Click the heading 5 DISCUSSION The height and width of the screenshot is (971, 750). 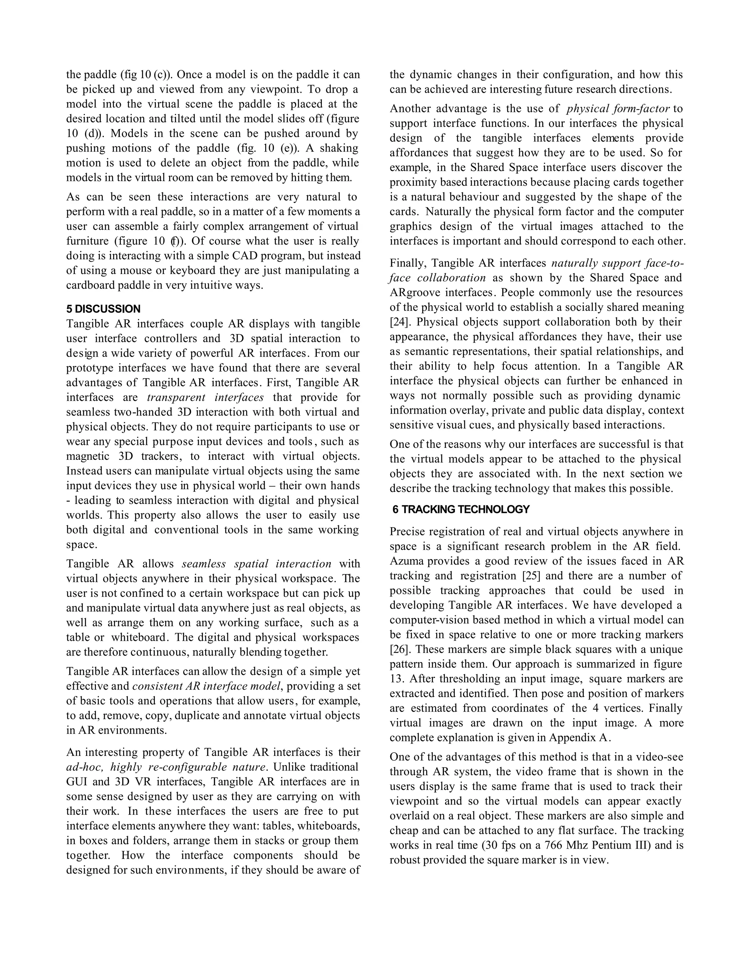(x=103, y=309)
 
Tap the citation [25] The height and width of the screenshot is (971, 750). (x=531, y=576)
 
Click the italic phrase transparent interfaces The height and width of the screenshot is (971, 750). (x=205, y=398)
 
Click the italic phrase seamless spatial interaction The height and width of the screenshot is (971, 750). (x=256, y=564)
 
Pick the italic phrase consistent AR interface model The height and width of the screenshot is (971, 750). (x=207, y=686)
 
